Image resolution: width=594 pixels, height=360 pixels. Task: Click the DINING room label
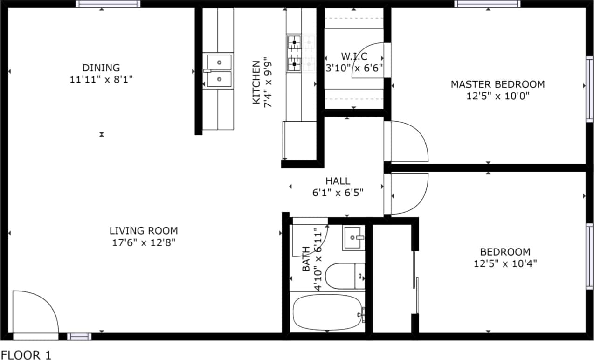point(101,68)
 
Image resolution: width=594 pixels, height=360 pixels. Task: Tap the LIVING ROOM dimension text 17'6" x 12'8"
point(143,242)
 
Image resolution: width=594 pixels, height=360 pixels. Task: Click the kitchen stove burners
point(294,52)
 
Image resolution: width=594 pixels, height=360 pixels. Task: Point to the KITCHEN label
point(256,83)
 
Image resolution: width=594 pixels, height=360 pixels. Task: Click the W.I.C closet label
point(354,56)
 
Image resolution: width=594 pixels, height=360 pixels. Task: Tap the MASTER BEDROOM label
point(497,84)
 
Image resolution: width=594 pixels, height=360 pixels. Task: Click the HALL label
point(338,181)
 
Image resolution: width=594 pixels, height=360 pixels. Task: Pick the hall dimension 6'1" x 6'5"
point(338,192)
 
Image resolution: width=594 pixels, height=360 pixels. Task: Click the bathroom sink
point(353,238)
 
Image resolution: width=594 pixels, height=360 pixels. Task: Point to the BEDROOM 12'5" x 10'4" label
point(505,257)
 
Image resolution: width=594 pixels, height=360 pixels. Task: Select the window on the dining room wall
point(108,4)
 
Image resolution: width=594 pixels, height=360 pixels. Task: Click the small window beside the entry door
point(79,336)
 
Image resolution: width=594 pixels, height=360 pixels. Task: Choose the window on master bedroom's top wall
point(487,4)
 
